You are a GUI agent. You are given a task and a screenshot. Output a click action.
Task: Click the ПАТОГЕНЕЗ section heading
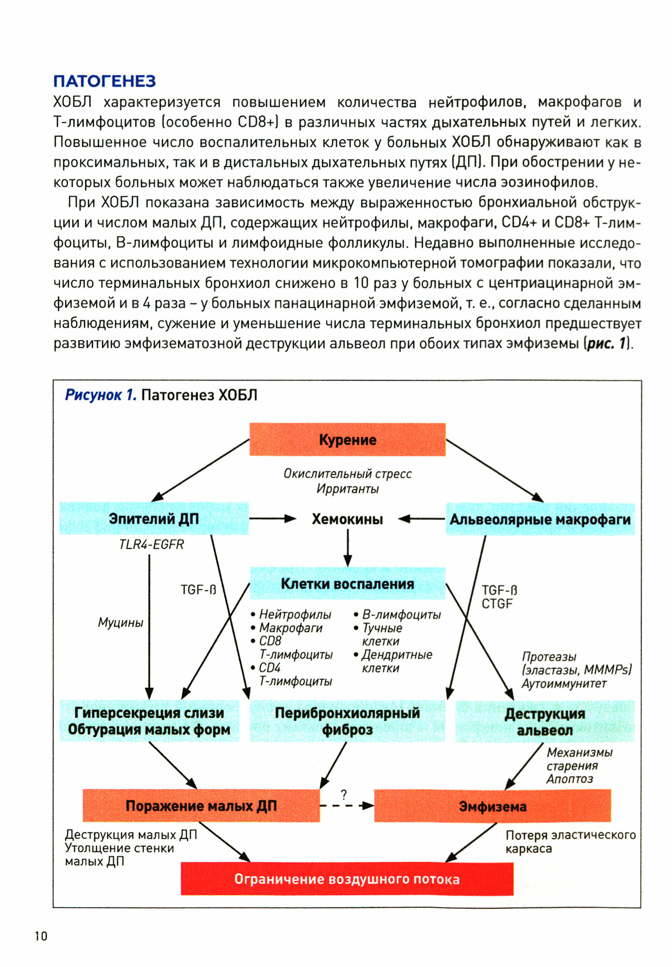pyautogui.click(x=105, y=81)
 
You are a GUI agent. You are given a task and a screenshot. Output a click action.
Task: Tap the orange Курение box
pyautogui.click(x=347, y=440)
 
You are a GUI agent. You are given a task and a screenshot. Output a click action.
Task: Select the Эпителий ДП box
pyautogui.click(x=154, y=518)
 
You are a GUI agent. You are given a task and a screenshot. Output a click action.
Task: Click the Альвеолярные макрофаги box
pyautogui.click(x=540, y=519)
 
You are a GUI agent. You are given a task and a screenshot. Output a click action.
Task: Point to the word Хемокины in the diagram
pyautogui.click(x=347, y=519)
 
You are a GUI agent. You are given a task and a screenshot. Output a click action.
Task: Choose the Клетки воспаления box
pyautogui.click(x=347, y=584)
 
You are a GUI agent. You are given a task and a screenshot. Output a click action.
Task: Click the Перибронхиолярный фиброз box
pyautogui.click(x=347, y=721)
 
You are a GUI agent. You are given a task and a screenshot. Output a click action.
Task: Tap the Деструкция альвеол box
pyautogui.click(x=545, y=721)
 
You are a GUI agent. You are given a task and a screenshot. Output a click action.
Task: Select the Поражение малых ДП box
pyautogui.click(x=201, y=806)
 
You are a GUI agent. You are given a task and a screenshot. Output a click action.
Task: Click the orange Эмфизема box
pyautogui.click(x=493, y=806)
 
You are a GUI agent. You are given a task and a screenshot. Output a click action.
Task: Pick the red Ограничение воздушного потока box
pyautogui.click(x=347, y=879)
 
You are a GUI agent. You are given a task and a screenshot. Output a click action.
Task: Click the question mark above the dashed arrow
pyautogui.click(x=344, y=794)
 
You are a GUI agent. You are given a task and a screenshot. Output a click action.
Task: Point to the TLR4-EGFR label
pyautogui.click(x=151, y=544)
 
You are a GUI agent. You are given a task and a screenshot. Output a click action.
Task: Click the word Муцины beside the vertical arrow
pyautogui.click(x=120, y=622)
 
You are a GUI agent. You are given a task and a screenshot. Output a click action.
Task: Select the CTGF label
pyautogui.click(x=497, y=604)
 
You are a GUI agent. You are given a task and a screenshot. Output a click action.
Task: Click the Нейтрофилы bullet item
pyautogui.click(x=295, y=615)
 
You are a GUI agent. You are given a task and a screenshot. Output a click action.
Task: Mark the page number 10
pyautogui.click(x=41, y=937)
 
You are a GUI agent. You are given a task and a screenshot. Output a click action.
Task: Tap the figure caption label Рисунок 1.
pyautogui.click(x=101, y=395)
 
